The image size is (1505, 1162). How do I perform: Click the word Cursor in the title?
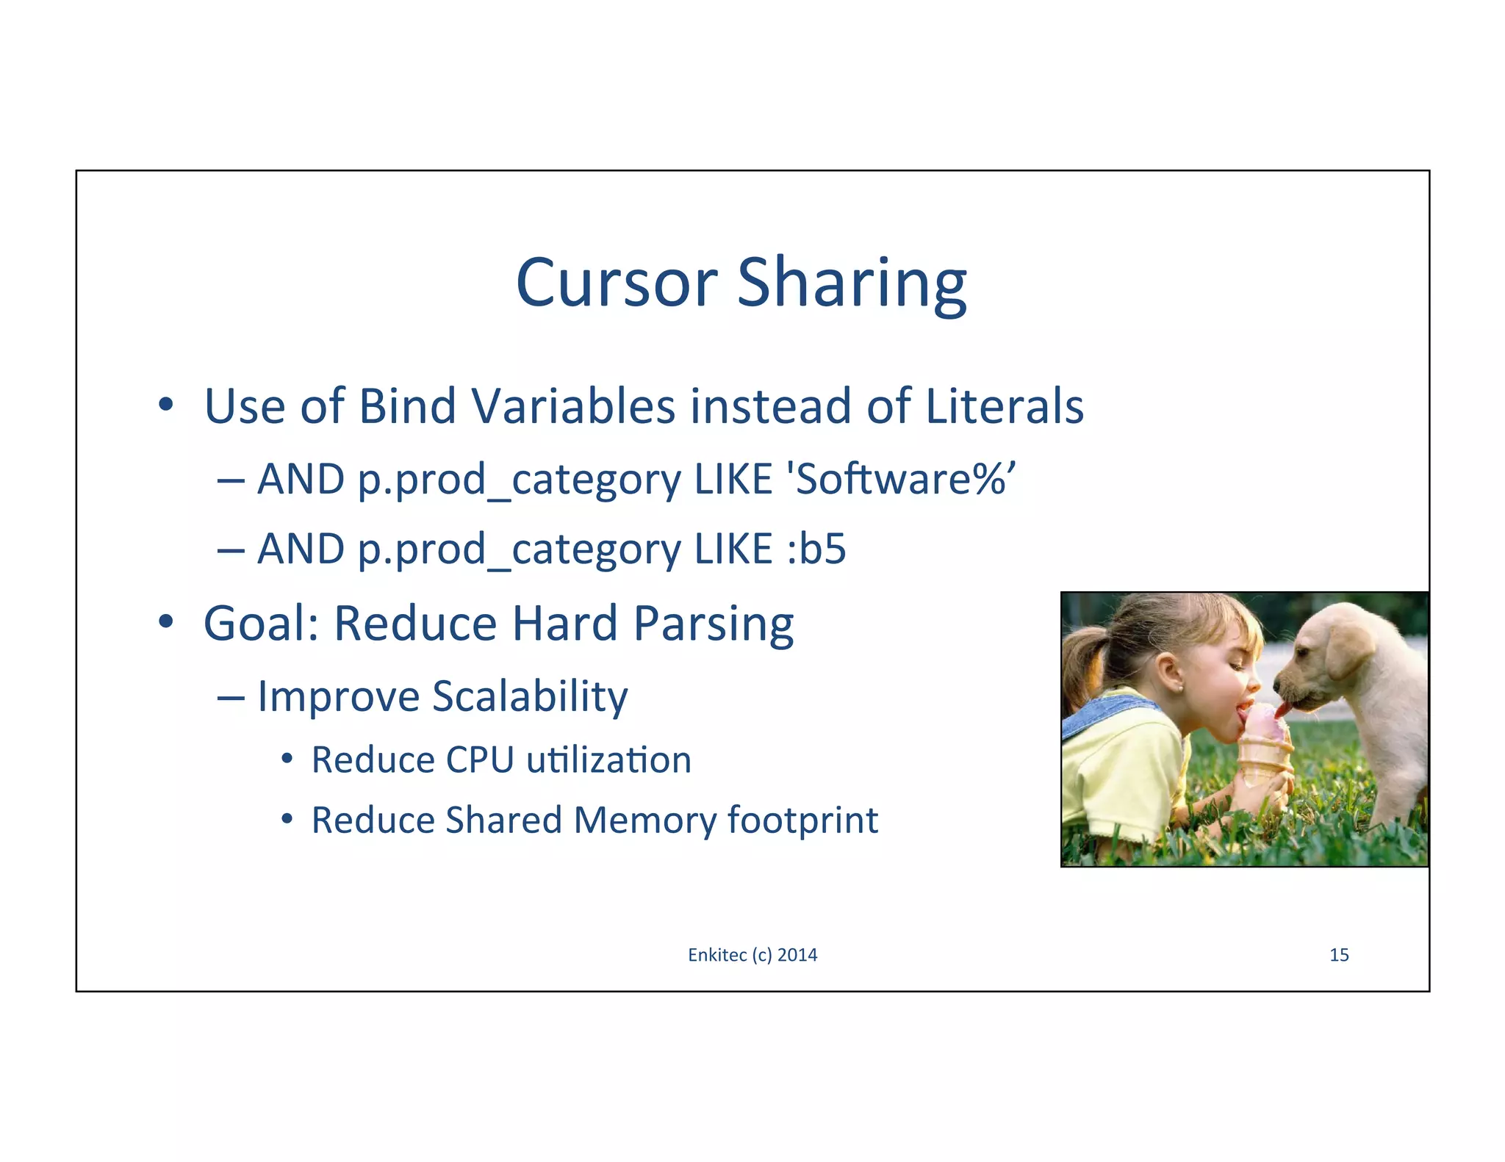616,283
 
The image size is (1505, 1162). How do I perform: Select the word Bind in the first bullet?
407,406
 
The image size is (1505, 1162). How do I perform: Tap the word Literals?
1004,406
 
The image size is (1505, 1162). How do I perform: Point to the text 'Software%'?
901,480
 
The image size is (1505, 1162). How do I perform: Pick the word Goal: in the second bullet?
261,624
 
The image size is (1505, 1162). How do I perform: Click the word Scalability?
529,696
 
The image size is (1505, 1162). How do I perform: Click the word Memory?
644,820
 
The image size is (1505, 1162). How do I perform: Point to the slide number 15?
1339,955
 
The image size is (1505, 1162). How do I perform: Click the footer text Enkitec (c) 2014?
752,955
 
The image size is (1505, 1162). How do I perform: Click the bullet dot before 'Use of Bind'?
166,405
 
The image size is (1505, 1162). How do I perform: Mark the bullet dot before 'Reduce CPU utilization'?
287,759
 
